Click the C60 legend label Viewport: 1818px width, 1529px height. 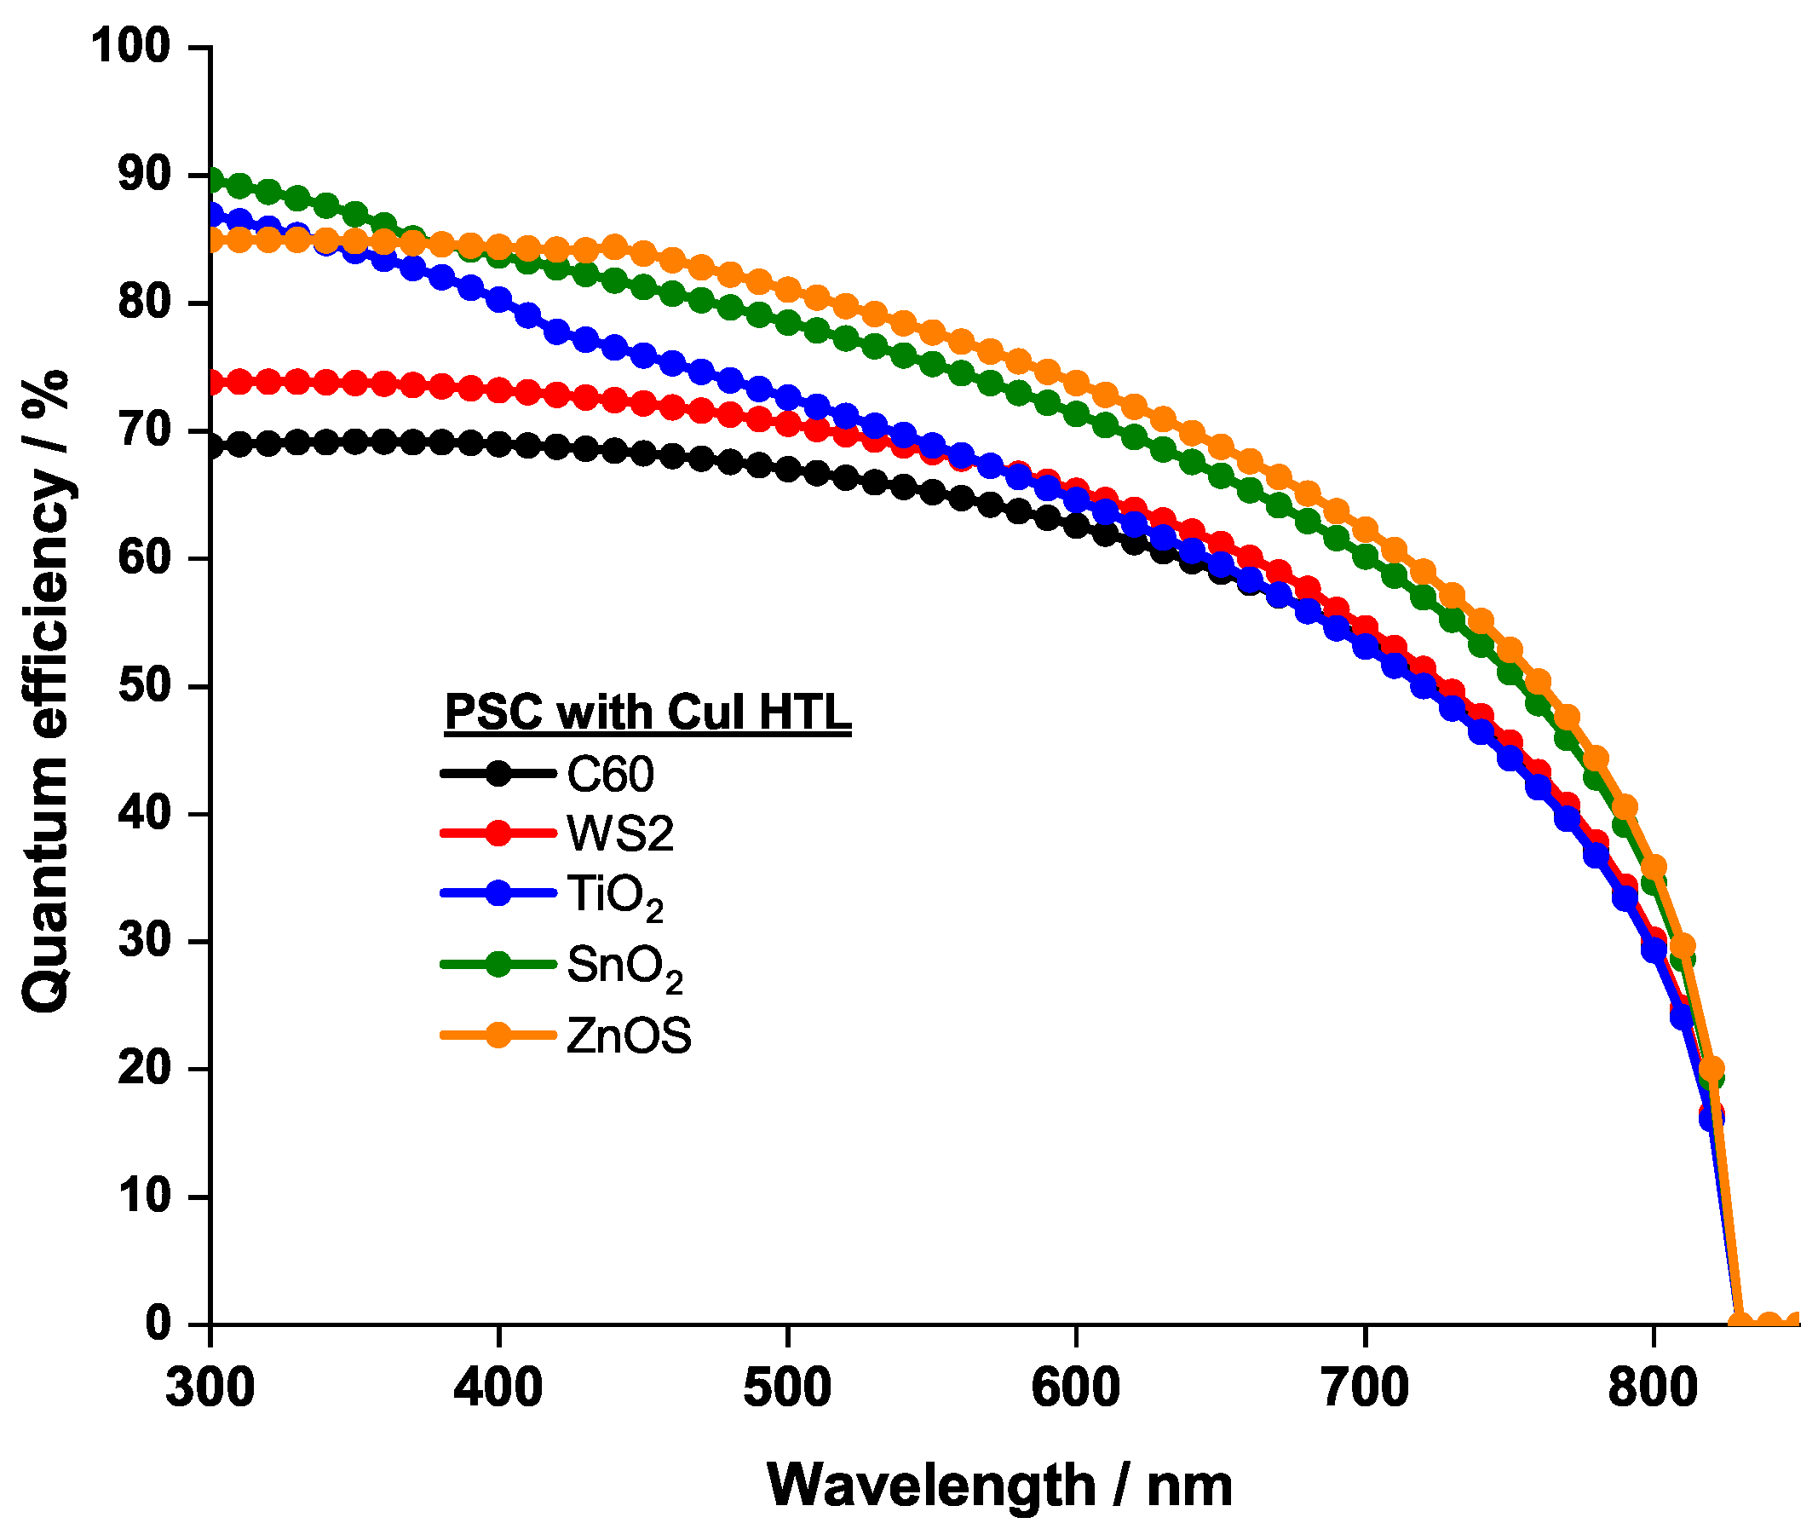tap(610, 774)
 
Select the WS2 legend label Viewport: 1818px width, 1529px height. tap(620, 834)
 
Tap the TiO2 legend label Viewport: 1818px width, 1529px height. tap(614, 897)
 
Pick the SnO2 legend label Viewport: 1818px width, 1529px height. tap(624, 966)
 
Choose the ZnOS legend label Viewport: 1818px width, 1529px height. tap(629, 1036)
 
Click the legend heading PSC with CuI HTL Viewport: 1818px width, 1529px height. tap(647, 713)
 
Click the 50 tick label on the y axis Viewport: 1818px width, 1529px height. tap(144, 685)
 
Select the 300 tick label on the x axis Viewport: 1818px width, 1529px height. tap(210, 1387)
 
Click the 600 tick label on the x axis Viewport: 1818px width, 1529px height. tap(1075, 1387)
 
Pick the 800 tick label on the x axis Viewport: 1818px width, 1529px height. tap(1653, 1387)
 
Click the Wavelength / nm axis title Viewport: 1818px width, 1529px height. tap(999, 1485)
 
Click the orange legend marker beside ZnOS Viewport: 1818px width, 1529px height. tap(498, 1035)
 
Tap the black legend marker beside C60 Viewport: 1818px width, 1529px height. tap(498, 773)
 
